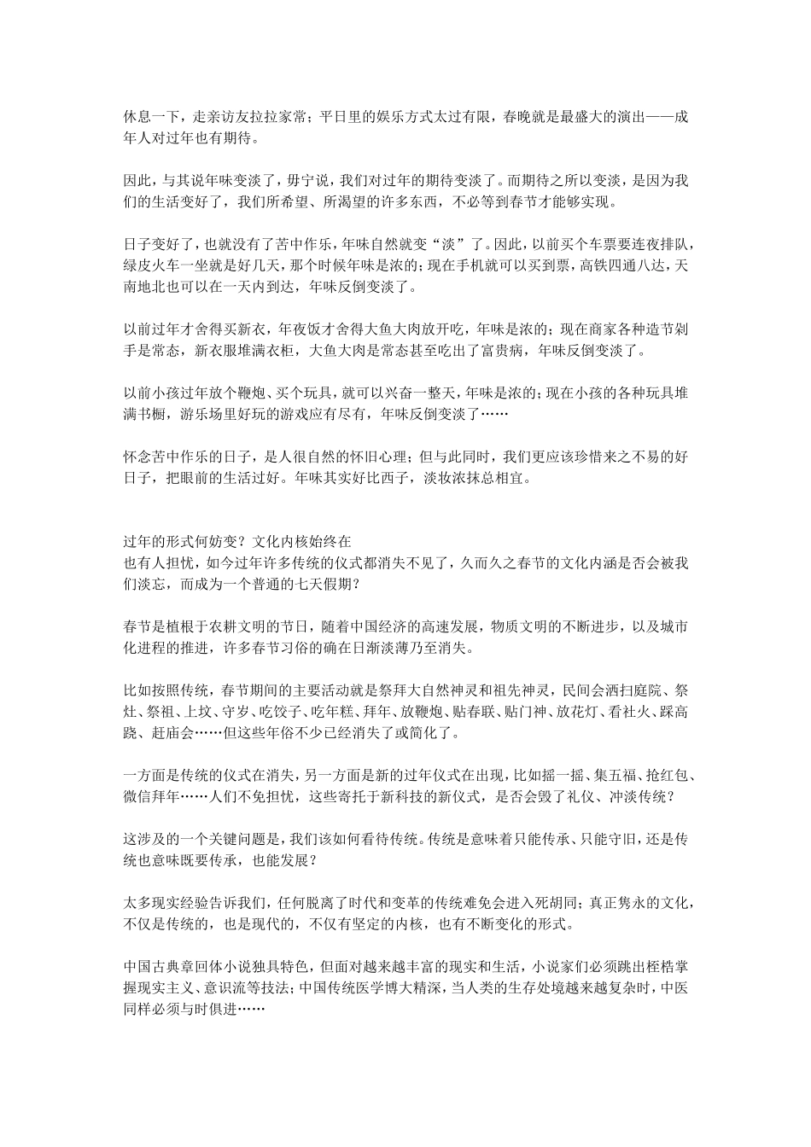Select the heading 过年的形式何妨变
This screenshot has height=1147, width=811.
coord(180,543)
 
